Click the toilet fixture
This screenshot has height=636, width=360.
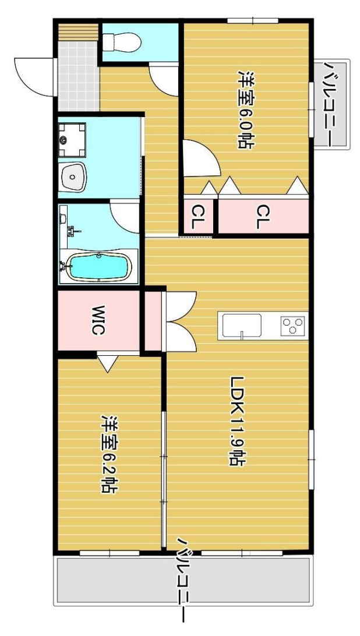coord(121,42)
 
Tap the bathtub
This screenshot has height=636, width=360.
coord(100,267)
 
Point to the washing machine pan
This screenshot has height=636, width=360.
coord(72,140)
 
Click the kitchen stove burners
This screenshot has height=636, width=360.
coord(293,326)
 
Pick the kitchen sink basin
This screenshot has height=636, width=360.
coord(242,326)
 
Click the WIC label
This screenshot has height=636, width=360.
coord(98,320)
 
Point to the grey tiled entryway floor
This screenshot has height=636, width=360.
coord(79,76)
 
